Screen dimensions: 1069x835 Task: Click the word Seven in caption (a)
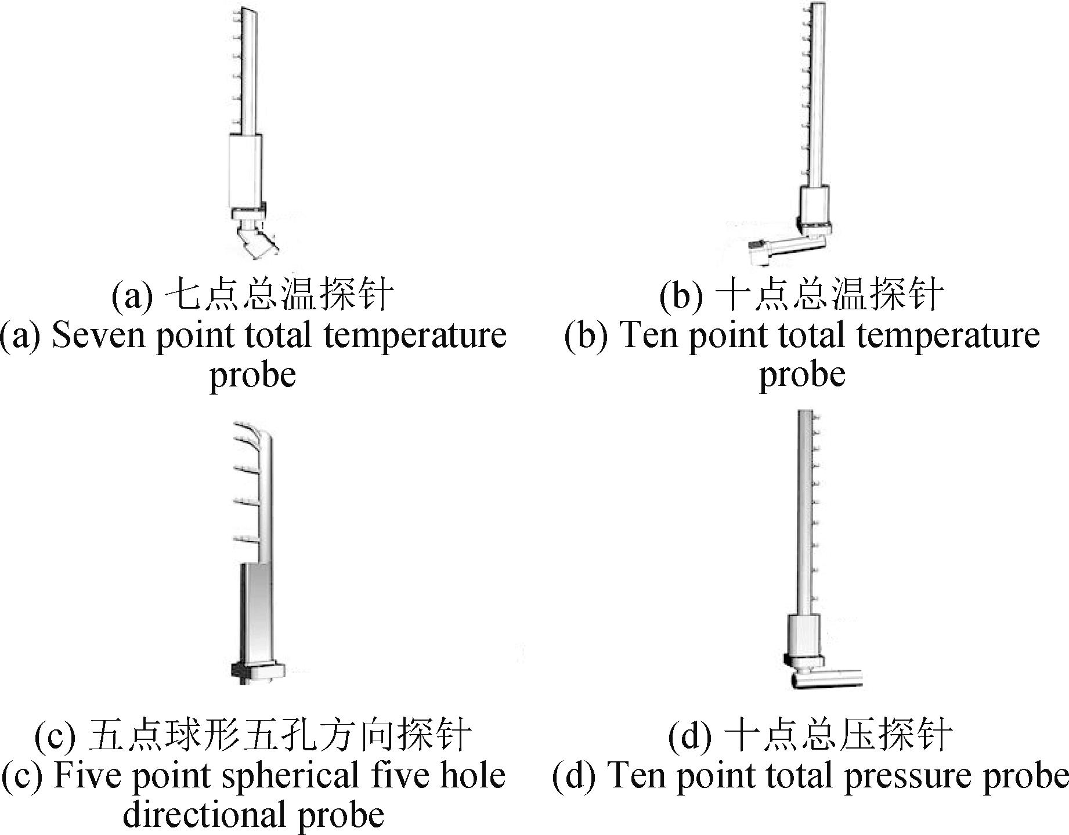(98, 336)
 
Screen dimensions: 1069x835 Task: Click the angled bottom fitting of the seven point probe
(256, 240)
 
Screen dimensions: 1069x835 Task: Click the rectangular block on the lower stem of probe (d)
(804, 634)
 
